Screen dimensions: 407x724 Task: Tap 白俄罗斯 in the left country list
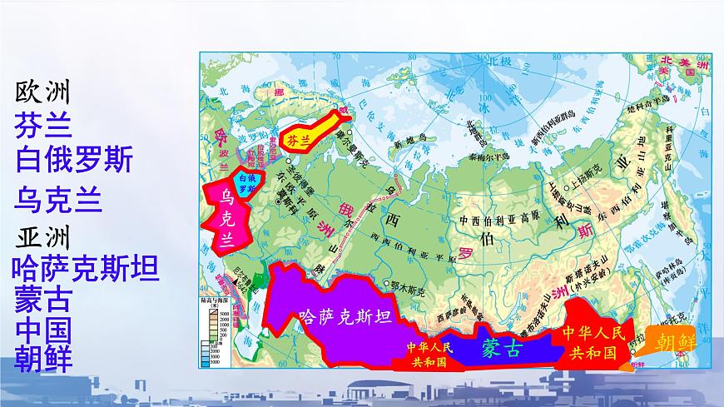click(x=74, y=158)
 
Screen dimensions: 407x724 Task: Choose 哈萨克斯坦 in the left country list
click(x=86, y=268)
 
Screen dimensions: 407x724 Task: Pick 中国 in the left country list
click(x=42, y=327)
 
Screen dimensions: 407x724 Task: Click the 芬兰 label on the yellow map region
click(x=298, y=141)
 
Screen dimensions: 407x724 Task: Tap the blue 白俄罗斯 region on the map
click(x=248, y=183)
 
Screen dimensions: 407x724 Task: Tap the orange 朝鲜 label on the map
click(x=675, y=342)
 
